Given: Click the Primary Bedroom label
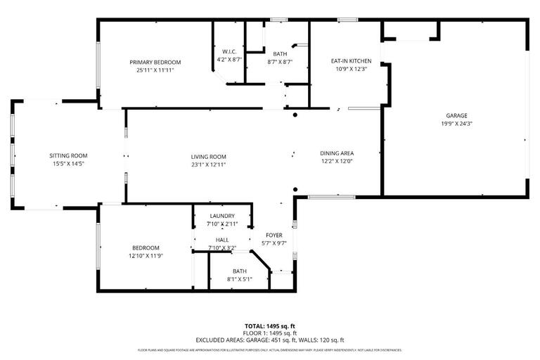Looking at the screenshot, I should coord(155,62).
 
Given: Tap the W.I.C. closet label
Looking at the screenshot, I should coord(229,51).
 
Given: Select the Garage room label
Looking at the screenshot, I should coord(456,115).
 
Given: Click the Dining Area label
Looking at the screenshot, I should coord(337,153).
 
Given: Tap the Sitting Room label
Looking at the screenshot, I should coord(68,155).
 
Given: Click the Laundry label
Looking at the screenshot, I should coord(222,216).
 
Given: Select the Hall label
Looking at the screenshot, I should coord(222,240).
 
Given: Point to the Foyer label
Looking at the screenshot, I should coord(274,235).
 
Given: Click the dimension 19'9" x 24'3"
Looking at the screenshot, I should coord(456,124).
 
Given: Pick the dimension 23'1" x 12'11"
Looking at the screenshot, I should coord(208,165).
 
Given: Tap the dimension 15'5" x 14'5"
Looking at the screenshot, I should coord(68,163).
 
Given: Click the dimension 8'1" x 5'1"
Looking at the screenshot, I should coord(240,279).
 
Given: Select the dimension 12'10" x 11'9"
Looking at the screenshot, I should coord(146,255).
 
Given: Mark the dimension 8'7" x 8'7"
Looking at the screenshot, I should coord(280,61).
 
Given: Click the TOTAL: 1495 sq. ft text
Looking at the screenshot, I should coord(270,326).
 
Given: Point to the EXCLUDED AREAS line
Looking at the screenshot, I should coord(270,340).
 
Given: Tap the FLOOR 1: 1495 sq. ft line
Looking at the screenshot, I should coord(270,333).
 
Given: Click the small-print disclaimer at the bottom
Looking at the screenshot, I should coord(270,349).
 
